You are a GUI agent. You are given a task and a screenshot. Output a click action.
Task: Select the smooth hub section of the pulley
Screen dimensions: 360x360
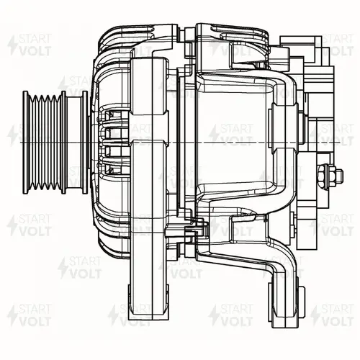pos(74,142)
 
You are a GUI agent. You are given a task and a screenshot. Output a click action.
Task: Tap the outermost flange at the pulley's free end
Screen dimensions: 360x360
pos(25,142)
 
